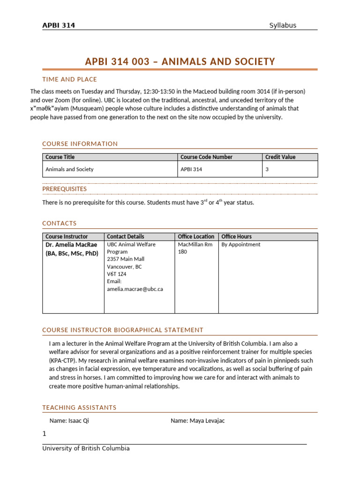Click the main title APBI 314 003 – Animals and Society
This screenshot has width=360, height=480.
180,62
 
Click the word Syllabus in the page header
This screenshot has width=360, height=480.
283,25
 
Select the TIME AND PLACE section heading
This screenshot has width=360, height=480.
69,79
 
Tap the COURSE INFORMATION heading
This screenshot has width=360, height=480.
80,144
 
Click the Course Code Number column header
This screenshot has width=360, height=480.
206,157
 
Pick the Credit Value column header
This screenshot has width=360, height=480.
280,157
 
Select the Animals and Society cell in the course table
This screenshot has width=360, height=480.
69,169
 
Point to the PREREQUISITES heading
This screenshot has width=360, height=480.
64,189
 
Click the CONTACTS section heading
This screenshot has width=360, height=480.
60,224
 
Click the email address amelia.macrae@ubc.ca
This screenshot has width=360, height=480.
135,289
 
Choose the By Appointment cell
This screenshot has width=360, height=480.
241,245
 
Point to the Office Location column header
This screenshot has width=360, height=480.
196,237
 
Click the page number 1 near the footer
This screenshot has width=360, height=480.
45,434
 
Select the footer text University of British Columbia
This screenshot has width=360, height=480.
86,449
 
